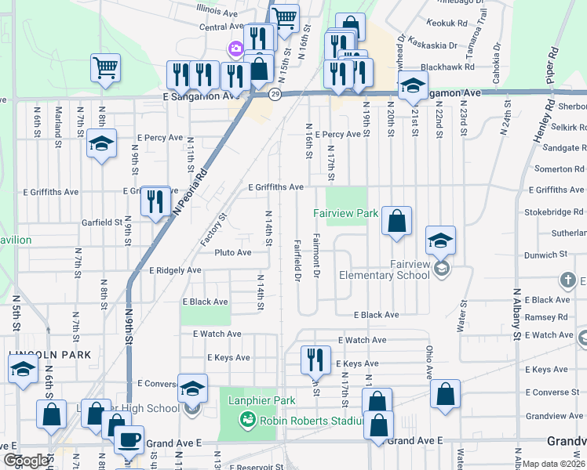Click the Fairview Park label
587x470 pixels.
346,212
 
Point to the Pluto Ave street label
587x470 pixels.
234,252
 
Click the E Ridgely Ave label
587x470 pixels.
175,270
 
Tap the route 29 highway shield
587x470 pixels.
275,95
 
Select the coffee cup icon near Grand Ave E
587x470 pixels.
129,439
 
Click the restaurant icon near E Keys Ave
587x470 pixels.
315,360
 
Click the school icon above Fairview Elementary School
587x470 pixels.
441,240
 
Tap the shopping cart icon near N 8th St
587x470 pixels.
105,67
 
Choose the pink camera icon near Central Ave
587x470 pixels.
235,49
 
